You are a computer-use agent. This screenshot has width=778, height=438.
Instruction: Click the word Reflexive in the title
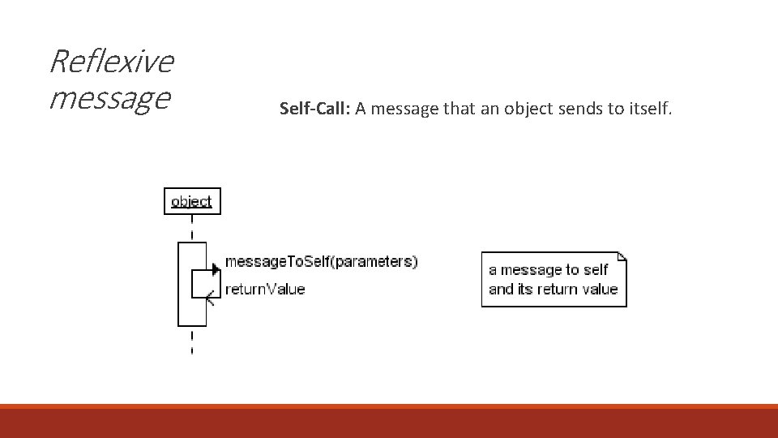coord(112,61)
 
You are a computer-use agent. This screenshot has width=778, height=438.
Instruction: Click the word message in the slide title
coord(109,97)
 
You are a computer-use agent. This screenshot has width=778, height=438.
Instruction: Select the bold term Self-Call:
coord(314,108)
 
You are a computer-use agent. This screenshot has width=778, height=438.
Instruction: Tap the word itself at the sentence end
coord(650,108)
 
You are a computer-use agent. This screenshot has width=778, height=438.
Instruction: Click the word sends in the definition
coord(579,108)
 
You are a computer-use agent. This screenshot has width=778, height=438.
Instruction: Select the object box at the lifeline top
coord(192,201)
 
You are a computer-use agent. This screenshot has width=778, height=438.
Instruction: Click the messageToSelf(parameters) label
coord(321,261)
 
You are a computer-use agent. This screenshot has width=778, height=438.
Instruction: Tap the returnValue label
coord(264,289)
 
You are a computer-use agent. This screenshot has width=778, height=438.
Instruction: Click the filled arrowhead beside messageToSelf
coord(215,268)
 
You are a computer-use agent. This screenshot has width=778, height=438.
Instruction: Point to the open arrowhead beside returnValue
coord(212,297)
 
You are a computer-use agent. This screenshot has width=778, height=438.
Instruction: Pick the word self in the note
coord(596,270)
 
